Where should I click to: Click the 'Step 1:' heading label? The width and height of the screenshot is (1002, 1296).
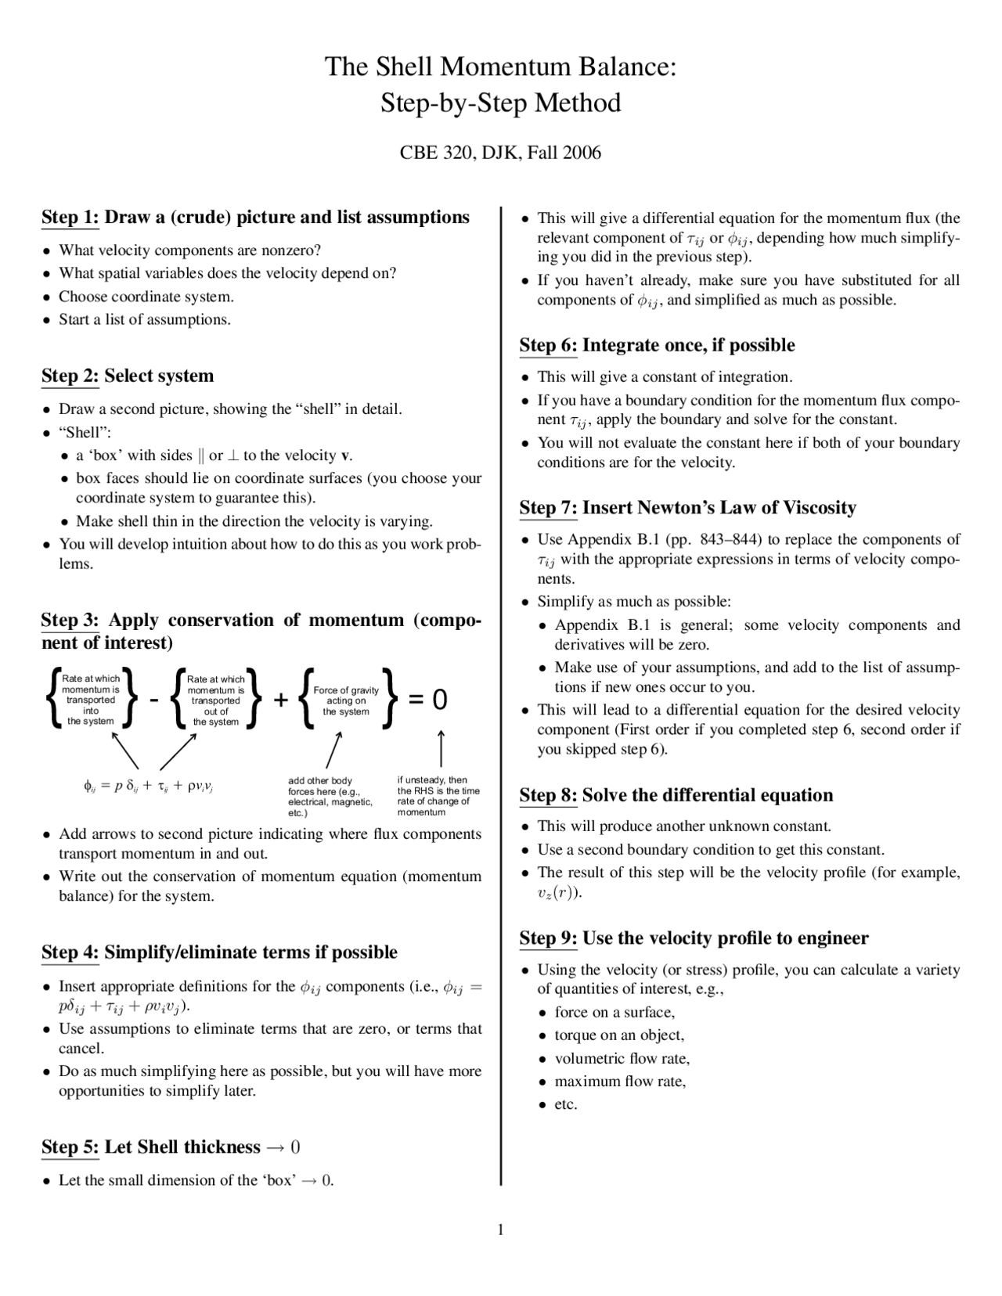click(70, 218)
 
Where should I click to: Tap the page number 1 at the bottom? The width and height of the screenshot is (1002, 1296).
click(500, 1229)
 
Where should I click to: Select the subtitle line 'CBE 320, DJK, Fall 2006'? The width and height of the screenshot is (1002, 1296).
click(500, 153)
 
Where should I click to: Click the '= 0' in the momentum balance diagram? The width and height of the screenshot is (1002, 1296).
click(428, 699)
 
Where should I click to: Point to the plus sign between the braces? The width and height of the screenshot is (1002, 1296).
click(281, 700)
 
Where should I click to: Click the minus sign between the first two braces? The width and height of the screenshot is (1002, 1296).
click(154, 700)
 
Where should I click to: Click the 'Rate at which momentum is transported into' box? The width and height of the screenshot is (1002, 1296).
click(91, 700)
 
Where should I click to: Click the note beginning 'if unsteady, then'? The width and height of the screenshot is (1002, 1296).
click(438, 796)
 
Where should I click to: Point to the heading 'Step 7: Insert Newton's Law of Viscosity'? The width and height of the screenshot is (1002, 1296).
click(687, 508)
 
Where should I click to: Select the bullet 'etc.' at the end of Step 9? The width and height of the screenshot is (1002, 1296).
click(565, 1104)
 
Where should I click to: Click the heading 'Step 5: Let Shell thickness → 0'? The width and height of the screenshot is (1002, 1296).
click(171, 1147)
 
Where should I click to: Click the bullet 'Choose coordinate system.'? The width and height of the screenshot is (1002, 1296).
click(146, 297)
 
